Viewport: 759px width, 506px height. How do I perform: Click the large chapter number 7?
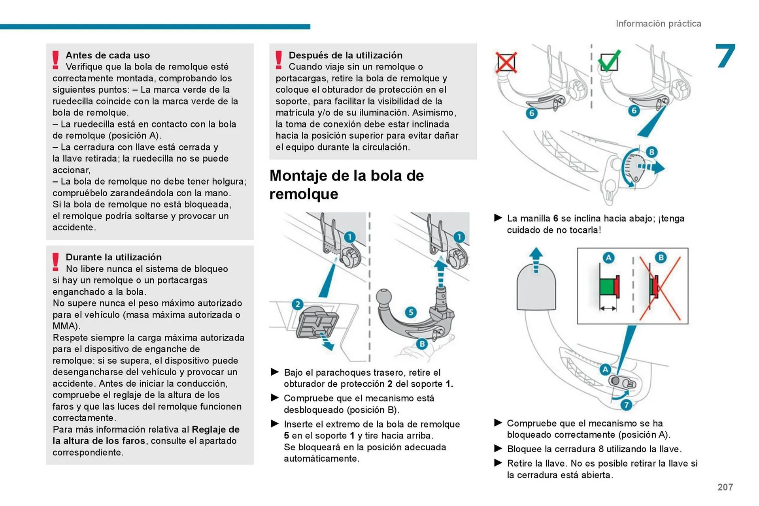pos(725,56)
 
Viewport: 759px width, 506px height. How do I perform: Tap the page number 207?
pos(725,487)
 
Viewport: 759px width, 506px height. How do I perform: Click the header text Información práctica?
pos(658,24)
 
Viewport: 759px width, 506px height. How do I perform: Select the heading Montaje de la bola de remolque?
pos(346,184)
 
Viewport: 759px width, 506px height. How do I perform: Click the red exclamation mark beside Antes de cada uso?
pos(56,60)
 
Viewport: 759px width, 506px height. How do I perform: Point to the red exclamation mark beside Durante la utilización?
pos(56,262)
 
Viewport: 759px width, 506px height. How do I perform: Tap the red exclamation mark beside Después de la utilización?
pos(279,60)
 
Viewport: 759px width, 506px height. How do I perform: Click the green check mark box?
pos(609,61)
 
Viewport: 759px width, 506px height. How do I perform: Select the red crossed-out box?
pos(506,62)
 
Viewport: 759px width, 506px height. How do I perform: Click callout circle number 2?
pos(297,304)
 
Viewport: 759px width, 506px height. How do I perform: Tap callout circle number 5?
pos(411,312)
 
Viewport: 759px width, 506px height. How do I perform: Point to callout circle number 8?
pos(651,152)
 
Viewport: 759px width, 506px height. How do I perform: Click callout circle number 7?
pos(626,404)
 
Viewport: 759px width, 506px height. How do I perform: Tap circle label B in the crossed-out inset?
pos(661,258)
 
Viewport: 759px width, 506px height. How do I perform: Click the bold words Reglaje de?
pos(215,429)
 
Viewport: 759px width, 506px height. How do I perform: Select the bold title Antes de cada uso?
pos(108,55)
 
